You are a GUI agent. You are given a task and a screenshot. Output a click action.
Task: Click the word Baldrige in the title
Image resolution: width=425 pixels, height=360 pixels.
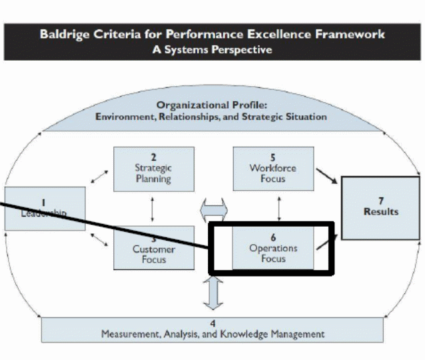[63, 34]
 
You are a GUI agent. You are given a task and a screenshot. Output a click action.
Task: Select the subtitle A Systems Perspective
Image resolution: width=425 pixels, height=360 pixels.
[212, 49]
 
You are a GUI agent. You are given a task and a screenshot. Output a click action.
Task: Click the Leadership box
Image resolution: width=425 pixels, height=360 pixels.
[44, 208]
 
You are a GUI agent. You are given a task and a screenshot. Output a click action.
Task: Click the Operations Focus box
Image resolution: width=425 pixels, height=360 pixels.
[273, 248]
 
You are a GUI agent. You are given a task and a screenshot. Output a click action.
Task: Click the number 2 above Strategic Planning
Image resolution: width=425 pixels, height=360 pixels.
[153, 157]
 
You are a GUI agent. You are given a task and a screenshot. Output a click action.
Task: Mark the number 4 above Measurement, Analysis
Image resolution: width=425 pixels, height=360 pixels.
[212, 323]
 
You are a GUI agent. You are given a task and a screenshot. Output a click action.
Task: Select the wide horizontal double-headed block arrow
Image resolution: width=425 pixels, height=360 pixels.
[212, 211]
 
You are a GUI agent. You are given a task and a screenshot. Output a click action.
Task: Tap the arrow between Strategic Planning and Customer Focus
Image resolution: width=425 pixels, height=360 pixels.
[153, 209]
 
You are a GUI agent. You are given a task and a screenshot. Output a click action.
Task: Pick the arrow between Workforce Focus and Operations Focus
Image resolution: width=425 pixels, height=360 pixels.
[278, 208]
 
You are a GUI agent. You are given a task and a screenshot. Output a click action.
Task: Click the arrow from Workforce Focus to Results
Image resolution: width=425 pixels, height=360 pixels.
[325, 177]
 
